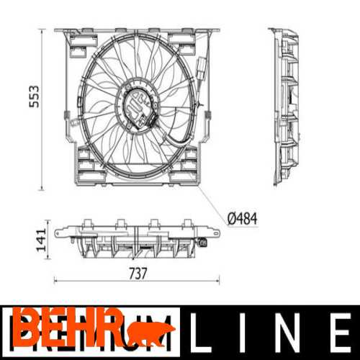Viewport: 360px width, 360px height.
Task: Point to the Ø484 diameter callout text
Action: [x=241, y=217]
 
